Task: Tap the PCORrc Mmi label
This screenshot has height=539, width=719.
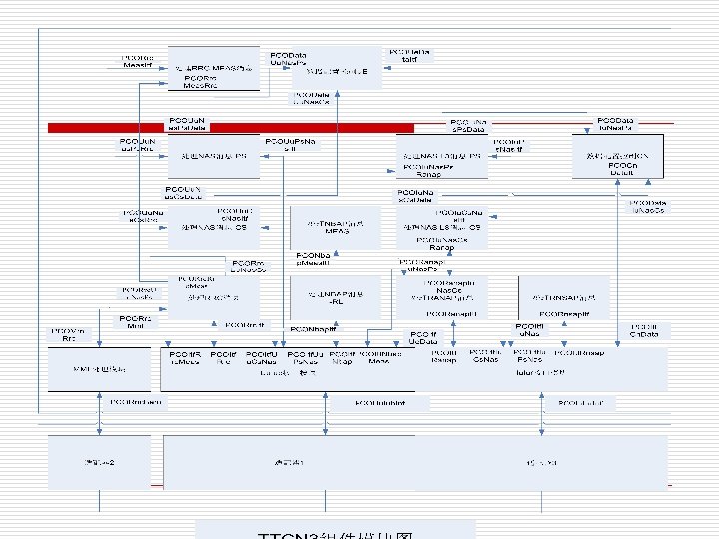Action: pos(136,322)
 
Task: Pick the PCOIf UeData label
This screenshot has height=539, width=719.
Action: pos(423,338)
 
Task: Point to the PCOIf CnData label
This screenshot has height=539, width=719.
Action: pos(644,330)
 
